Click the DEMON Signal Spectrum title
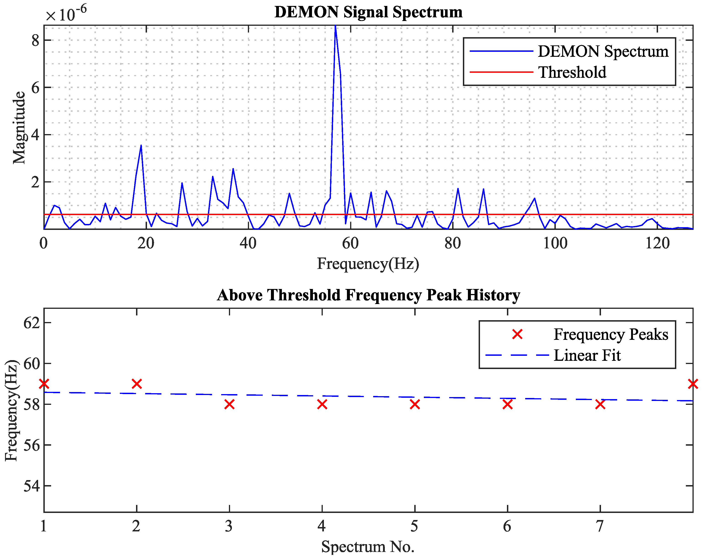point(368,12)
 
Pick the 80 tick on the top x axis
point(453,243)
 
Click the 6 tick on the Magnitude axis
point(35,88)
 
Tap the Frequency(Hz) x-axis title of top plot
point(368,264)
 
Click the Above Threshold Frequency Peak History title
point(368,295)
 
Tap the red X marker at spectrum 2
point(137,384)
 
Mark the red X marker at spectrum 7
point(600,404)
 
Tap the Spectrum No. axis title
point(367,547)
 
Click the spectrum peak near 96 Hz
point(534,198)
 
